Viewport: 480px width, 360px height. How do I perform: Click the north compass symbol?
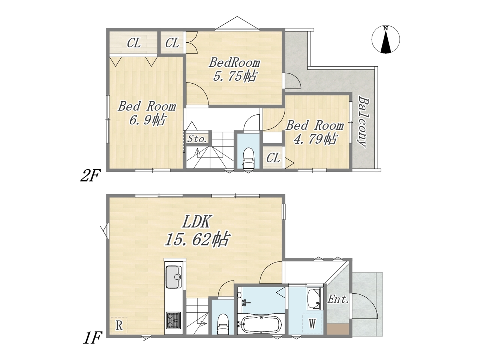coord(385,40)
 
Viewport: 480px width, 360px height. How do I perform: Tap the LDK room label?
coord(196,222)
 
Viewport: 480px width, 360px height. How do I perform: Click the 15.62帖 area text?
coord(197,239)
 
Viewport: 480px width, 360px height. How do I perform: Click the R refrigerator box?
coord(119,325)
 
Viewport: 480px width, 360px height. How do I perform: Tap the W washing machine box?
coord(312,324)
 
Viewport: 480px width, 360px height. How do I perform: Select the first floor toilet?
coord(223,324)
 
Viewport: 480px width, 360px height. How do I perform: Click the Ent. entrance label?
coord(338,300)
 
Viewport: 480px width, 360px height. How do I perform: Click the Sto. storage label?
coord(197,139)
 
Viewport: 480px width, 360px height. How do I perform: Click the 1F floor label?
coord(93,337)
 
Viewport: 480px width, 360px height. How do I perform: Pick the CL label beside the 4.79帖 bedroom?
coord(273,157)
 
